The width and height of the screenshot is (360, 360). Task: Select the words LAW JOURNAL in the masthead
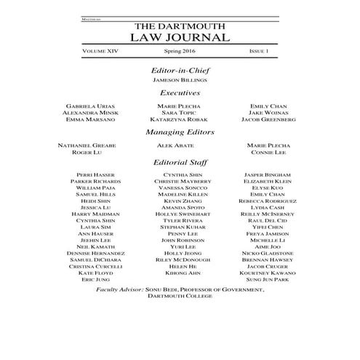pyautogui.click(x=179, y=37)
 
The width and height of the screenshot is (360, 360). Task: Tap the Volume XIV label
pyautogui.click(x=100, y=52)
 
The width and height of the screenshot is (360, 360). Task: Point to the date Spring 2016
pyautogui.click(x=179, y=52)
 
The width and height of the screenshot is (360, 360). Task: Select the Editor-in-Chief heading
pyautogui.click(x=179, y=70)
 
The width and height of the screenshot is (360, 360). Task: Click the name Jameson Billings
pyautogui.click(x=179, y=81)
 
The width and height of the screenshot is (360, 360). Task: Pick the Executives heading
pyautogui.click(x=179, y=93)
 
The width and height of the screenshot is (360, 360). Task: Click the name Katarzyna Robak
pyautogui.click(x=179, y=120)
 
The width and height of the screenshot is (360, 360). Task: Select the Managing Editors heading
pyautogui.click(x=179, y=132)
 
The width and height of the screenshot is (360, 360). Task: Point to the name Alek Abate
pyautogui.click(x=179, y=145)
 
